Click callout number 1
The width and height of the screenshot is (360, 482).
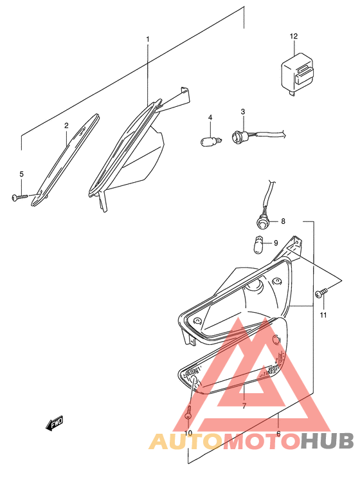coord(147,40)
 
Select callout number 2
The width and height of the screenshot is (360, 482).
coord(66,125)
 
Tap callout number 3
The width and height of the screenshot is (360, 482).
coord(243,112)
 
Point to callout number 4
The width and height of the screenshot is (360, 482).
coord(210,116)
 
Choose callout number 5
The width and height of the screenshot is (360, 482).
coord(21,174)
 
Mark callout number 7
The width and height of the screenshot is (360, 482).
coord(244,406)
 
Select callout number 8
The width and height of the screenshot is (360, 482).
coord(283,222)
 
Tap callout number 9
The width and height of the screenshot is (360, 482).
coord(276,243)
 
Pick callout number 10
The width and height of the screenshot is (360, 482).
coord(188,433)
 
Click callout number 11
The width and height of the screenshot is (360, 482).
coord(324,315)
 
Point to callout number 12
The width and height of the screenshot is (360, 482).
coord(294,36)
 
